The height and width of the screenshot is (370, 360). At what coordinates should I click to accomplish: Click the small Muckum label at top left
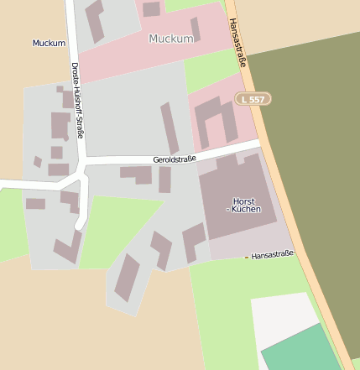tap(49, 43)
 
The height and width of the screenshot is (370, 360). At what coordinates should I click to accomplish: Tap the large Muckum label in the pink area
tap(170, 39)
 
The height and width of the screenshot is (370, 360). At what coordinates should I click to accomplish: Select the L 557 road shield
tap(253, 99)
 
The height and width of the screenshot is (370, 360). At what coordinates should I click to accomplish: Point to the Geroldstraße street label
tap(175, 158)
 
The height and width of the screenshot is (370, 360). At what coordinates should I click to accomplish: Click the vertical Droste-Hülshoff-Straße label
tap(78, 99)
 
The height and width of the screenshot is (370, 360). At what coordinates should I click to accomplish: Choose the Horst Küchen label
tap(243, 206)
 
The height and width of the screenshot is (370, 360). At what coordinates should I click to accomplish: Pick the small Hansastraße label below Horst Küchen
tap(273, 253)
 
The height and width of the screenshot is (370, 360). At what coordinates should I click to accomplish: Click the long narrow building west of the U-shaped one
tap(170, 128)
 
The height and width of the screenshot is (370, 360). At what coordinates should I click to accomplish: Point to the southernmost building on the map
tap(127, 278)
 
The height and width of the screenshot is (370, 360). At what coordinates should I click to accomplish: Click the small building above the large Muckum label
tap(151, 9)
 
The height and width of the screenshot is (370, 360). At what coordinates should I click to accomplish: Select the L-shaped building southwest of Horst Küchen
tap(193, 240)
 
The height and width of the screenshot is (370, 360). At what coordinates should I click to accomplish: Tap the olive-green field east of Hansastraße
tap(310, 151)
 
